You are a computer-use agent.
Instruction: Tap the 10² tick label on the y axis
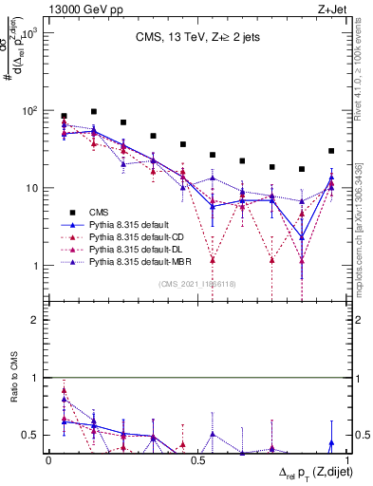point(28,111)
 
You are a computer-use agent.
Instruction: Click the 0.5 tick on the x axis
point(197,460)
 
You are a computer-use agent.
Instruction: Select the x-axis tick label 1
point(346,460)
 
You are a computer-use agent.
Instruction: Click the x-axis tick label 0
point(48,460)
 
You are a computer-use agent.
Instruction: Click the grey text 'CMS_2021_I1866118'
point(197,284)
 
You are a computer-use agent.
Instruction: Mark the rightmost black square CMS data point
point(331,151)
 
